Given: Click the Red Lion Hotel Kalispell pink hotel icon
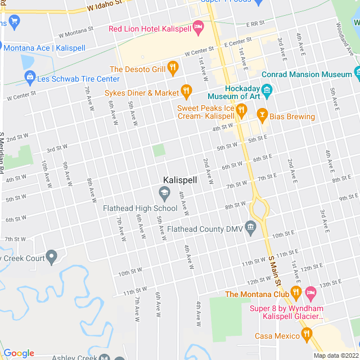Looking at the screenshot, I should click(x=197, y=26).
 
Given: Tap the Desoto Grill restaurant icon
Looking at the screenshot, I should click(x=173, y=69).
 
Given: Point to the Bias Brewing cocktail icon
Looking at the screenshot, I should click(x=262, y=115).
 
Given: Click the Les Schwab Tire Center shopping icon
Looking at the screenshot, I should click(x=30, y=78).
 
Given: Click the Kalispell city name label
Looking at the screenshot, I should click(x=179, y=180).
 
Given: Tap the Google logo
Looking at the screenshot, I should click(x=18, y=353).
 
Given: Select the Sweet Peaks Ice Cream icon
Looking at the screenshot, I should click(x=241, y=110).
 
